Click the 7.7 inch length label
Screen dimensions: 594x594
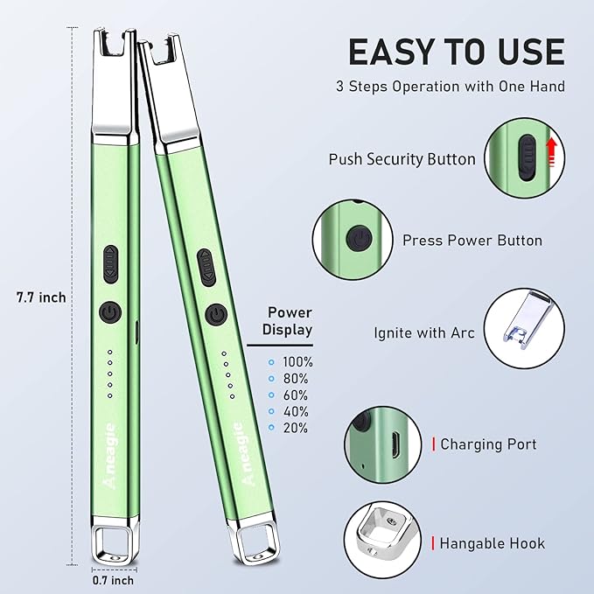point(41,297)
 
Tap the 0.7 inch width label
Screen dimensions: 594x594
point(113,580)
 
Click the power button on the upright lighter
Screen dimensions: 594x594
point(110,313)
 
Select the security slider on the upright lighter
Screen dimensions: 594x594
point(110,264)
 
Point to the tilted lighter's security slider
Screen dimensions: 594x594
point(206,268)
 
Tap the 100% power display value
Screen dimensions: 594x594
point(297,362)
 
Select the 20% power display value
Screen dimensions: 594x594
point(296,428)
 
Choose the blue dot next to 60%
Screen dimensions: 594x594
point(271,395)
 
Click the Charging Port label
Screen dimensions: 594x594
point(488,444)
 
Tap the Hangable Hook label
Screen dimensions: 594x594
point(493,543)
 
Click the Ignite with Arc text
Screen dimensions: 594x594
point(424,333)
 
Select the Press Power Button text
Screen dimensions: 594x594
point(472,241)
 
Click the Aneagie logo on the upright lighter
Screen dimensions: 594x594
point(110,456)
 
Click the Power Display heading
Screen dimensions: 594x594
point(288,321)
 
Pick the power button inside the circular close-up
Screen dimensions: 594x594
point(359,239)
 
